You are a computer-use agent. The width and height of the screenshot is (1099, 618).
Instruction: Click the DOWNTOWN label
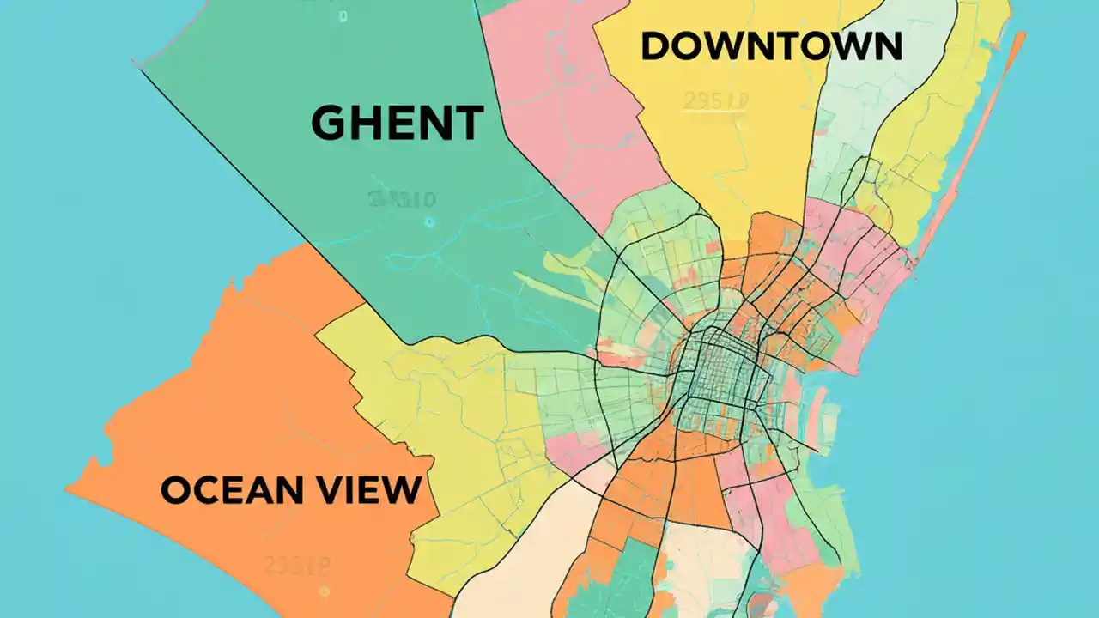click(x=771, y=46)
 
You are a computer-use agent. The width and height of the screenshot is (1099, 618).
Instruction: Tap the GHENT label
click(x=397, y=123)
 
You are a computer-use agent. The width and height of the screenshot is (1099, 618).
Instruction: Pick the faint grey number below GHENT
click(x=401, y=200)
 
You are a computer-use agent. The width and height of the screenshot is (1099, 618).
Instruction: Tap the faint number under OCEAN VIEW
click(x=296, y=565)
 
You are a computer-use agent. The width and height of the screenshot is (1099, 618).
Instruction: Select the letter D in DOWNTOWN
click(x=655, y=46)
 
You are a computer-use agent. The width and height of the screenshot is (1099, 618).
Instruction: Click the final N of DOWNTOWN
click(x=887, y=46)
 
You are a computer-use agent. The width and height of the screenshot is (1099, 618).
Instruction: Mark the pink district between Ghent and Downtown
click(x=567, y=103)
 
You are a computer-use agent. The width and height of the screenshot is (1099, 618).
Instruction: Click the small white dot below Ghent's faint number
click(x=429, y=221)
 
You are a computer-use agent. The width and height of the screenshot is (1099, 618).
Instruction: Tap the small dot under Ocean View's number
click(x=323, y=591)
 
